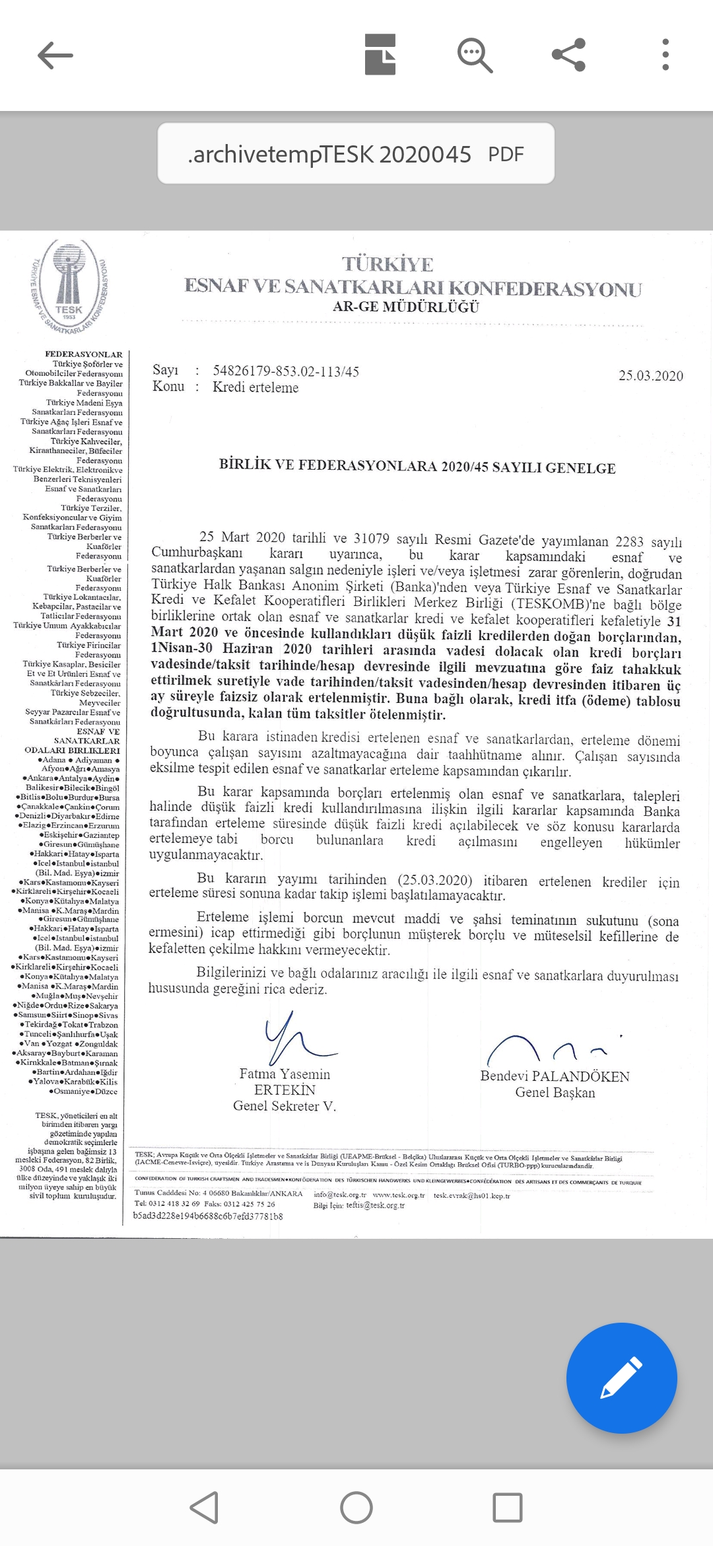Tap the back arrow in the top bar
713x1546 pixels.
[55, 55]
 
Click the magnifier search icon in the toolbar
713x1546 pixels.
[475, 55]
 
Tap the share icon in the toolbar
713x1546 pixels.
[568, 55]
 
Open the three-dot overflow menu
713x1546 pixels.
[665, 55]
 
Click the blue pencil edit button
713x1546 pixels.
[621, 1378]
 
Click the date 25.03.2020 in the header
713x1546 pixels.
[650, 376]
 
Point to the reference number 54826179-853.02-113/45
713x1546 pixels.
[286, 371]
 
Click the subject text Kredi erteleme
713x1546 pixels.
[255, 388]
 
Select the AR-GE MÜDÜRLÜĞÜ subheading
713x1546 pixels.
[406, 307]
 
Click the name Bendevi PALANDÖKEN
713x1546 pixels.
[555, 1076]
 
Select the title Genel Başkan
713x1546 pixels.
[555, 1093]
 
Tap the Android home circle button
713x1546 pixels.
[356, 1508]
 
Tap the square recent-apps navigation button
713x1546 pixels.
[507, 1508]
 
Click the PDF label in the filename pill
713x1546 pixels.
[506, 155]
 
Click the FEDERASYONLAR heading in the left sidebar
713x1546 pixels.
[84, 355]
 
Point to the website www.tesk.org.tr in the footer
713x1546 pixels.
[399, 1195]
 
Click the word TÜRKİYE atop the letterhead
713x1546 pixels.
[388, 265]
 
